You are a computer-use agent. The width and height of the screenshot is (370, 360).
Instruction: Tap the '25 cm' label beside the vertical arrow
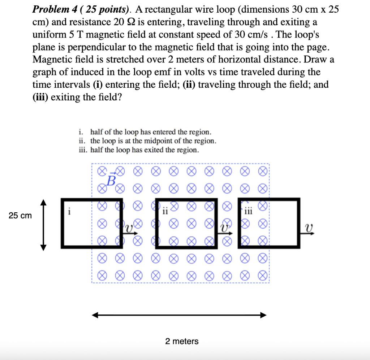[x=20, y=216]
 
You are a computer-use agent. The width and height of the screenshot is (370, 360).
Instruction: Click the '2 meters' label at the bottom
[x=182, y=341]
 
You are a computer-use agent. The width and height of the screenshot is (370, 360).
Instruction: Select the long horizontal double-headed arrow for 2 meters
[x=179, y=315]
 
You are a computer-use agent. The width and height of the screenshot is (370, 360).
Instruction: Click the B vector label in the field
[x=111, y=179]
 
